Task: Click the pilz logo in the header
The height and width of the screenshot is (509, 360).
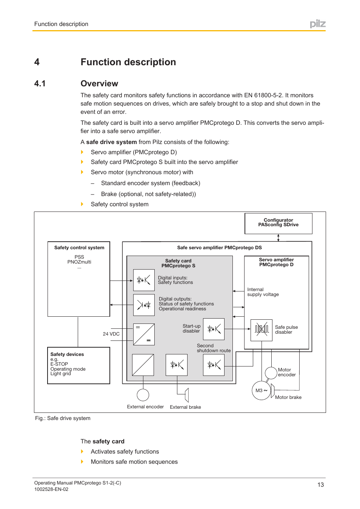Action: pyautogui.click(x=317, y=24)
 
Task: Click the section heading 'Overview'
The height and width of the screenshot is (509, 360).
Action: pyautogui.click(x=99, y=84)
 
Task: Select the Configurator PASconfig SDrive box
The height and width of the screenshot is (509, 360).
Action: pyautogui.click(x=278, y=223)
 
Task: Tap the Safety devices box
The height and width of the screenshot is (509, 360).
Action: pyautogui.click(x=78, y=365)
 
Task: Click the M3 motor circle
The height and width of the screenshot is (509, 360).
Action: pyautogui.click(x=261, y=391)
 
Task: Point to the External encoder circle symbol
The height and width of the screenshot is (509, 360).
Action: pyautogui.click(x=143, y=395)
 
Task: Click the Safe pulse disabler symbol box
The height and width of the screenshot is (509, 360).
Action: pyautogui.click(x=261, y=330)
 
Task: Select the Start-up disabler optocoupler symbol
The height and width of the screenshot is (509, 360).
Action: pyautogui.click(x=214, y=329)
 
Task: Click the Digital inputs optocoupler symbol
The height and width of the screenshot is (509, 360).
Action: pyautogui.click(x=144, y=280)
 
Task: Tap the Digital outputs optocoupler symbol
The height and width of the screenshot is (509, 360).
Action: pyautogui.click(x=144, y=305)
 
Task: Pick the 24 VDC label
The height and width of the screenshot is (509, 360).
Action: pyautogui.click(x=111, y=334)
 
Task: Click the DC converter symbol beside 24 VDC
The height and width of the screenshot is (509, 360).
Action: pyautogui.click(x=144, y=334)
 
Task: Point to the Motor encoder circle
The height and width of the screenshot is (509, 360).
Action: pyautogui.click(x=271, y=373)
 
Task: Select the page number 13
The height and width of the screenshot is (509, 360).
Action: pyautogui.click(x=320, y=485)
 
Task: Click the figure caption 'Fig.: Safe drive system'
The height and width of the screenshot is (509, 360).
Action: pyautogui.click(x=63, y=418)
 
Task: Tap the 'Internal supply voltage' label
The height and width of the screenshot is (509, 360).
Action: pyautogui.click(x=263, y=292)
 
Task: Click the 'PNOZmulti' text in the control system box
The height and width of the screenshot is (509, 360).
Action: pyautogui.click(x=79, y=262)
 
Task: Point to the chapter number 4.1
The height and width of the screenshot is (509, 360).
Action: pyautogui.click(x=40, y=84)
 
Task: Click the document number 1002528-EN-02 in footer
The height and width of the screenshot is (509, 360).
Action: pyautogui.click(x=51, y=489)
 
